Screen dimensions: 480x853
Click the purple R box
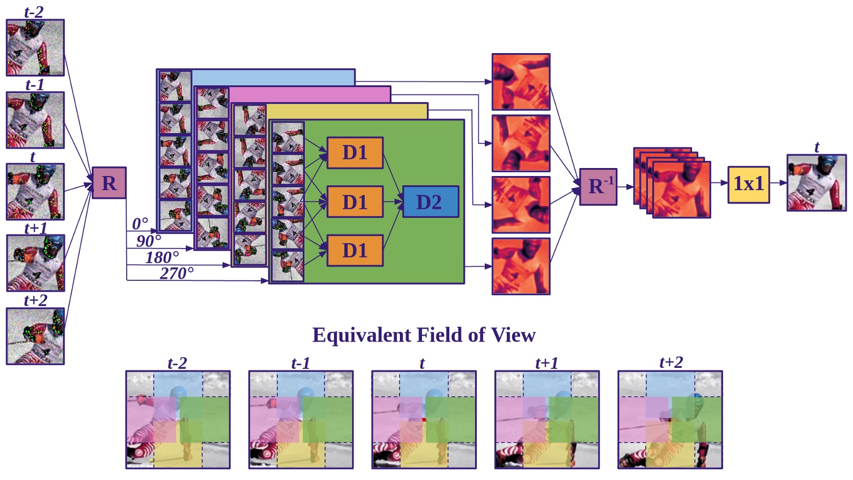point(109,183)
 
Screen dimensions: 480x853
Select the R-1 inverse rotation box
point(598,187)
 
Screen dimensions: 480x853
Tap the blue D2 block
point(430,202)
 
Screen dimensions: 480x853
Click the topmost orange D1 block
point(355,152)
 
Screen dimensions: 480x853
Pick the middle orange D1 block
point(355,202)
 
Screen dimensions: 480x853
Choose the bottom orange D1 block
point(355,250)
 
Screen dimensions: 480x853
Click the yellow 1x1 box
point(748,184)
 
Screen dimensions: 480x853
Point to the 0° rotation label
point(140,223)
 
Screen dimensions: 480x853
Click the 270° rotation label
point(177,273)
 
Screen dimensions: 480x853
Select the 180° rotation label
point(162,257)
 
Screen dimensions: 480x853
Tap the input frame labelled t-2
point(35,48)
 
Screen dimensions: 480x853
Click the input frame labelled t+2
point(35,336)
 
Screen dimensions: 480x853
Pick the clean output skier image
point(816,183)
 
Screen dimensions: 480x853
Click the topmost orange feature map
point(521,82)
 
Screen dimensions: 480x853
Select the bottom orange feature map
point(521,266)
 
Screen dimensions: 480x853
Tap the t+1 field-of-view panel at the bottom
point(546,419)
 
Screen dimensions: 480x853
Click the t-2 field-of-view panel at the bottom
point(178,419)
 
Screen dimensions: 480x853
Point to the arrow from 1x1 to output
point(778,183)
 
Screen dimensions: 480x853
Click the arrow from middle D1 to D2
point(392,202)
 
